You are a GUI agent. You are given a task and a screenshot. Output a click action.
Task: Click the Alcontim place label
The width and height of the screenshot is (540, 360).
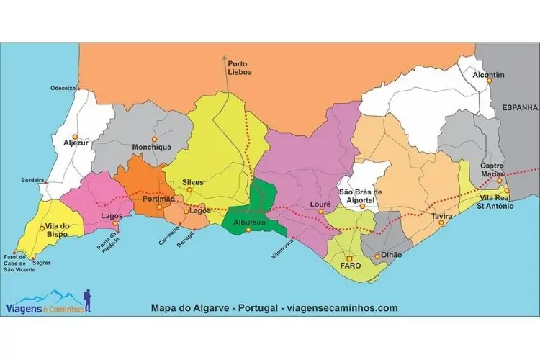point(488,75)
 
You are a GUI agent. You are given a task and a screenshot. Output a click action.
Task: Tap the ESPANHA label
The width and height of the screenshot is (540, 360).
point(520,107)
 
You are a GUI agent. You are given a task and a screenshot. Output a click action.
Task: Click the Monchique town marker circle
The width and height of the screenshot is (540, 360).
point(153,138)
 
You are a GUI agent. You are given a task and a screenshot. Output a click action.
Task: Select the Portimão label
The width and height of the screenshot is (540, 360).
point(159,199)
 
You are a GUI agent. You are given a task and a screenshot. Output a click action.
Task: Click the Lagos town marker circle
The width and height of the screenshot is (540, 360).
point(115,222)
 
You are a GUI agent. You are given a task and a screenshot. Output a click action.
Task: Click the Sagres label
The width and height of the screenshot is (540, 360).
point(42,263)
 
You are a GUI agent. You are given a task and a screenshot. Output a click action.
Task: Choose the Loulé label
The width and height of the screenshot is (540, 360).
point(320,204)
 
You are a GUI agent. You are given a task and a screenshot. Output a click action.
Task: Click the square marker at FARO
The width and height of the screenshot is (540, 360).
point(349,258)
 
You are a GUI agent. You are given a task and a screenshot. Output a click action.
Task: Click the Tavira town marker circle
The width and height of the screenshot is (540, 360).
point(441,223)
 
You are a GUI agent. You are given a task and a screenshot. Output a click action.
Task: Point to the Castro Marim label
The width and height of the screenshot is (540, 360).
point(492,171)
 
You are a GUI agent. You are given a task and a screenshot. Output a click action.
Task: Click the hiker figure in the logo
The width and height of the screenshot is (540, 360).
point(87,301)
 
